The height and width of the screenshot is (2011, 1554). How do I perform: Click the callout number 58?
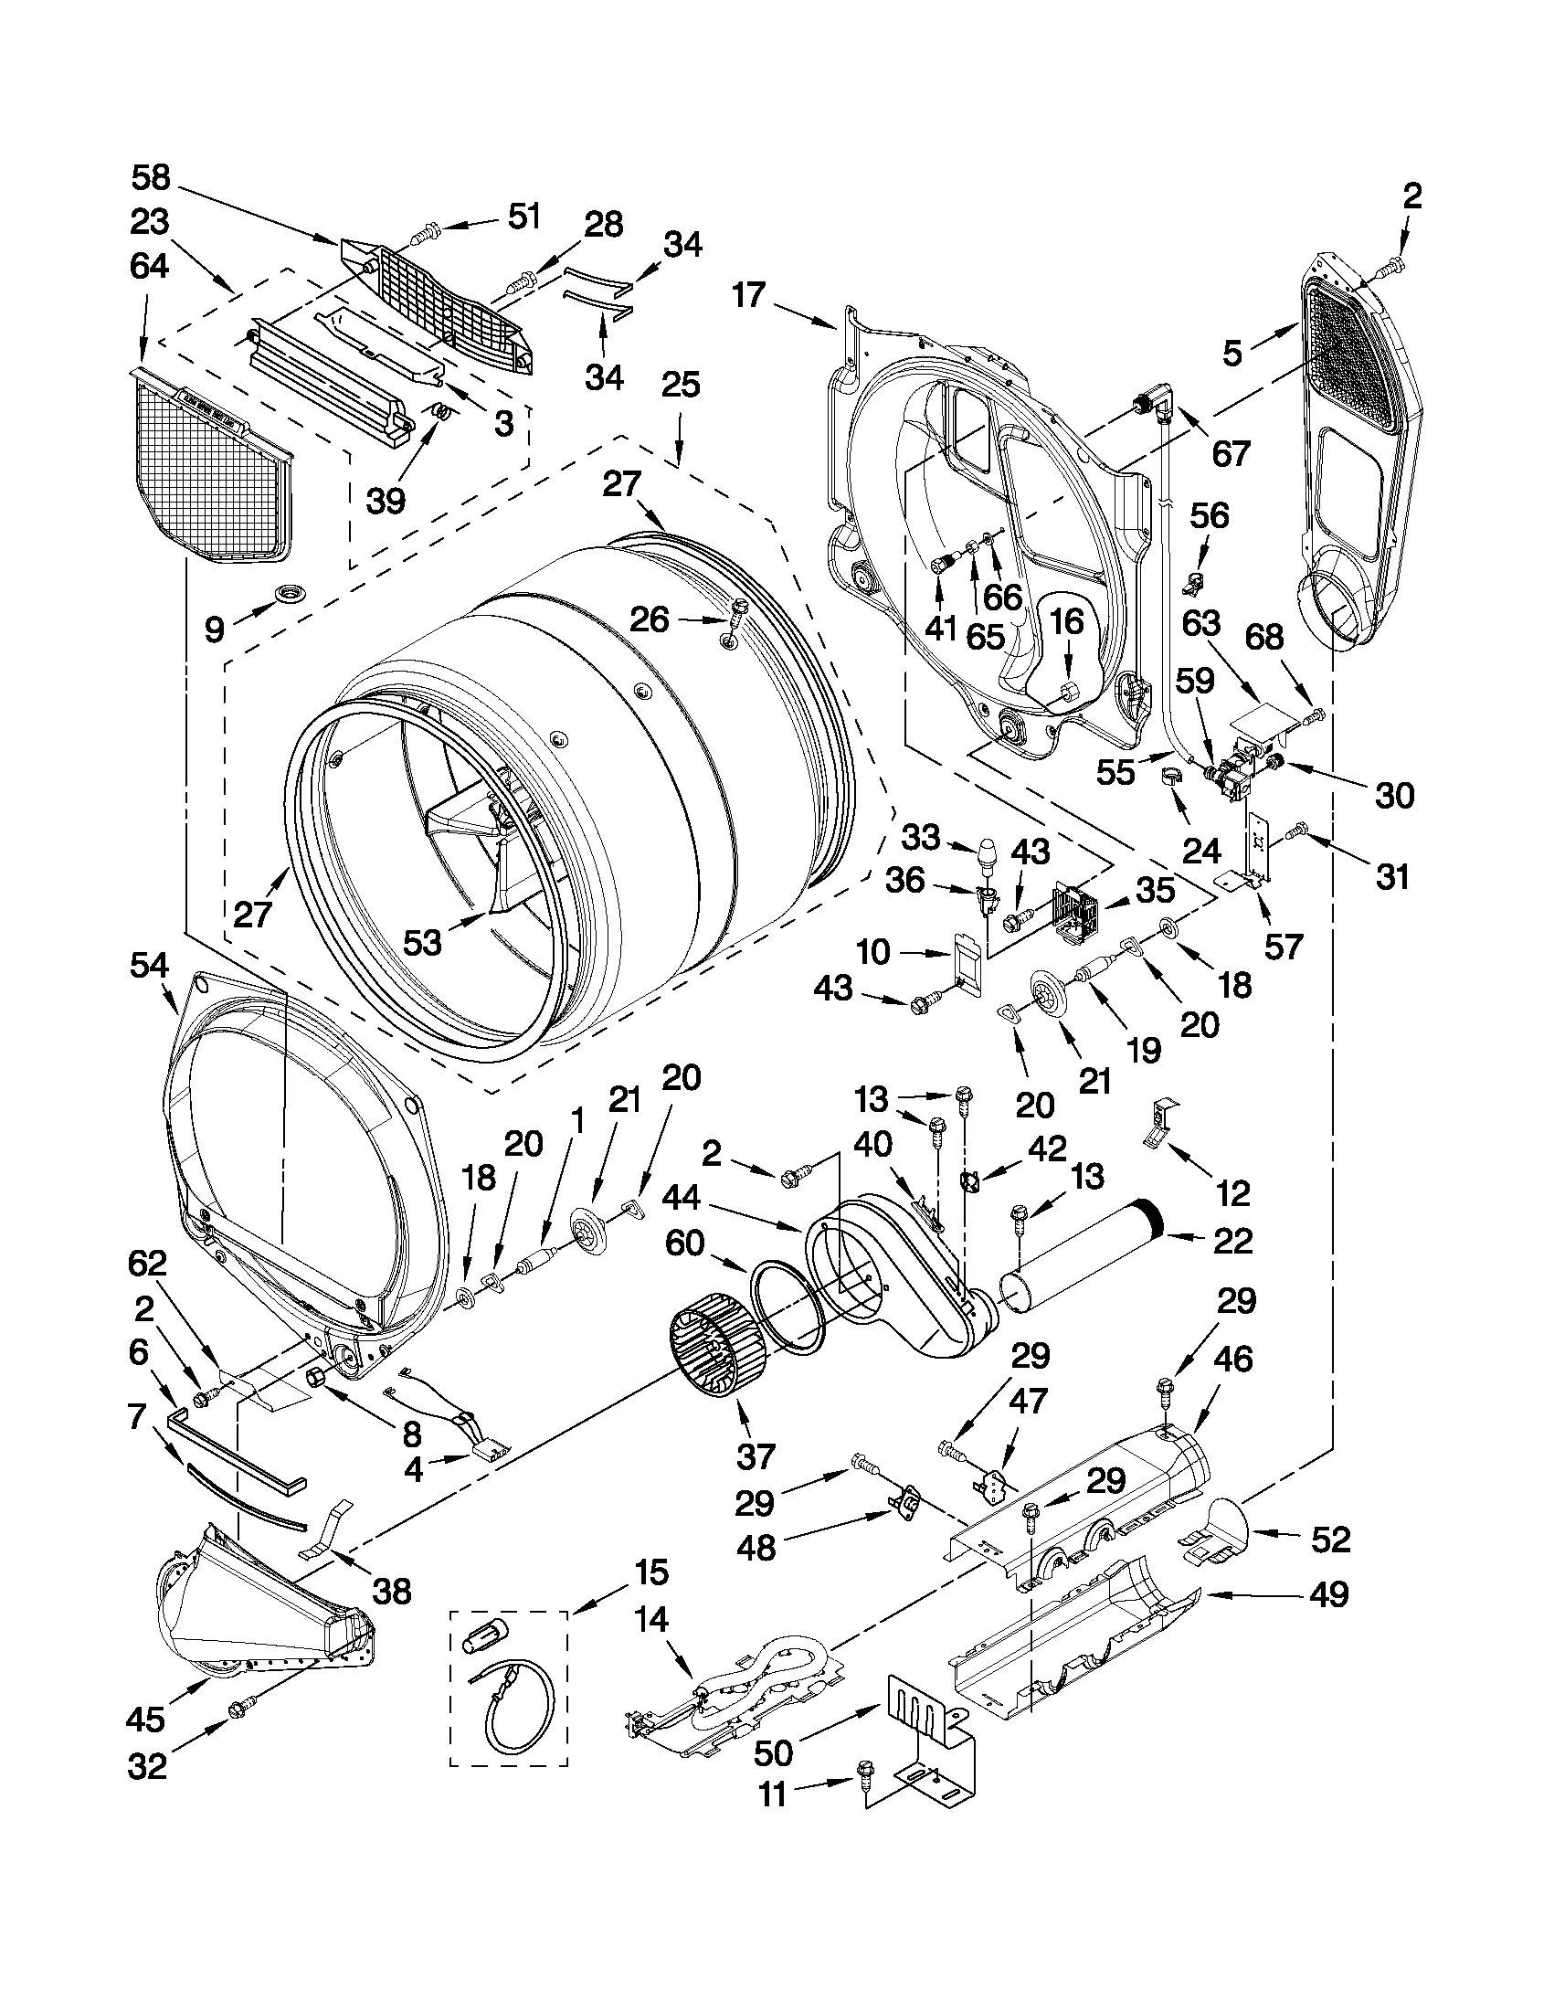click(x=150, y=176)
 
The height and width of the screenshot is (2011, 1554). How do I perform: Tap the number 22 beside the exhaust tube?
click(x=1232, y=1240)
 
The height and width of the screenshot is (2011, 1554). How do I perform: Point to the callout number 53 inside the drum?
click(x=423, y=942)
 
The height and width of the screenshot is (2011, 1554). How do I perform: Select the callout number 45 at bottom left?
click(x=146, y=1719)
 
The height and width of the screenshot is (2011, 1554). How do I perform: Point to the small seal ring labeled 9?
click(x=277, y=596)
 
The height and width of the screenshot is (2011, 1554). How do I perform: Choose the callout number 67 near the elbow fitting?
click(x=1231, y=453)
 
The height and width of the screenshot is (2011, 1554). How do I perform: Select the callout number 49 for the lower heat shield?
click(x=1327, y=1593)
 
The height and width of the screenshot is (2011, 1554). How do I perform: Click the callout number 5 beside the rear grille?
click(x=1232, y=352)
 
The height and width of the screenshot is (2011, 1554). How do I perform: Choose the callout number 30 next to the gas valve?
click(x=1393, y=795)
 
